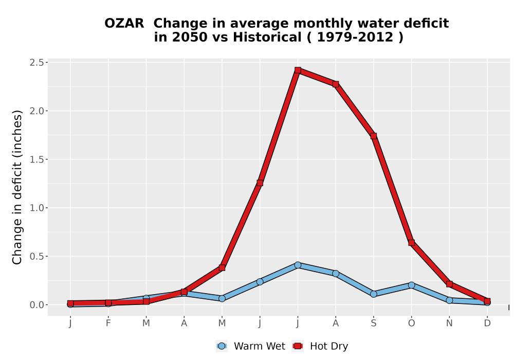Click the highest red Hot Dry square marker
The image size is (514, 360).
[x=298, y=70]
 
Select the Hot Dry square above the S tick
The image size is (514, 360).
[x=373, y=136]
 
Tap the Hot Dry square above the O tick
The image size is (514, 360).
[x=411, y=243]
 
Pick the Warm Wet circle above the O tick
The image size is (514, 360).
[x=411, y=285]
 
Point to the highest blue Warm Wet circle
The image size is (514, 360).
[x=298, y=265]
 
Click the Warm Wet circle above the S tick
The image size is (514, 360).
[x=373, y=294]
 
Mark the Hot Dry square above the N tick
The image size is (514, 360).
[x=449, y=284]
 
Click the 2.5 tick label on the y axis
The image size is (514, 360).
[x=36, y=62]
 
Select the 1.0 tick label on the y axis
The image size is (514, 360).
[x=36, y=208]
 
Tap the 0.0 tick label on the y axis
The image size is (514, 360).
[x=36, y=305]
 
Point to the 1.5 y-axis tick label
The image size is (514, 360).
[x=36, y=159]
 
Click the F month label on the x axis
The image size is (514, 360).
[x=108, y=323]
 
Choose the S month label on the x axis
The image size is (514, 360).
[x=373, y=323]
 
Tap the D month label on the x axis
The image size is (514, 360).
[x=487, y=323]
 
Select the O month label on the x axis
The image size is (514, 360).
[x=411, y=323]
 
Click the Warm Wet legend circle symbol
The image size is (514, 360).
[x=222, y=346]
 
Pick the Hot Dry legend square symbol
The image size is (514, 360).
[x=298, y=346]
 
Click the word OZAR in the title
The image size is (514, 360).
[x=124, y=23]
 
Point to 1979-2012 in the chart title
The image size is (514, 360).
[x=355, y=37]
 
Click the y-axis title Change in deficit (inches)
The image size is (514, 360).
[x=17, y=187]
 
